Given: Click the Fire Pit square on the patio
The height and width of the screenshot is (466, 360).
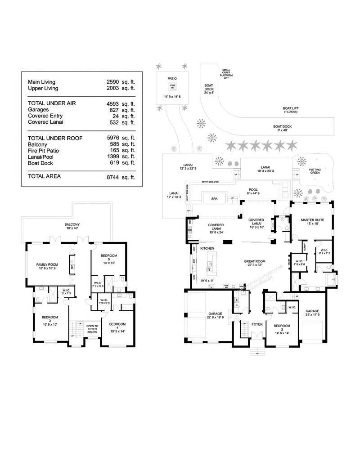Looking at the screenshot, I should click(172, 86).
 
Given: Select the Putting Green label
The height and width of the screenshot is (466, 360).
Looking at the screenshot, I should click(315, 171).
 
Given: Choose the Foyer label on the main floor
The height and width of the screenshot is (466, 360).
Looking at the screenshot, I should click(257, 323).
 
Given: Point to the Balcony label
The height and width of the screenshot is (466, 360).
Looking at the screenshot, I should click(72, 224).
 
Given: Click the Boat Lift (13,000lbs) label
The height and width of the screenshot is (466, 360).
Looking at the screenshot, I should click(291, 110).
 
